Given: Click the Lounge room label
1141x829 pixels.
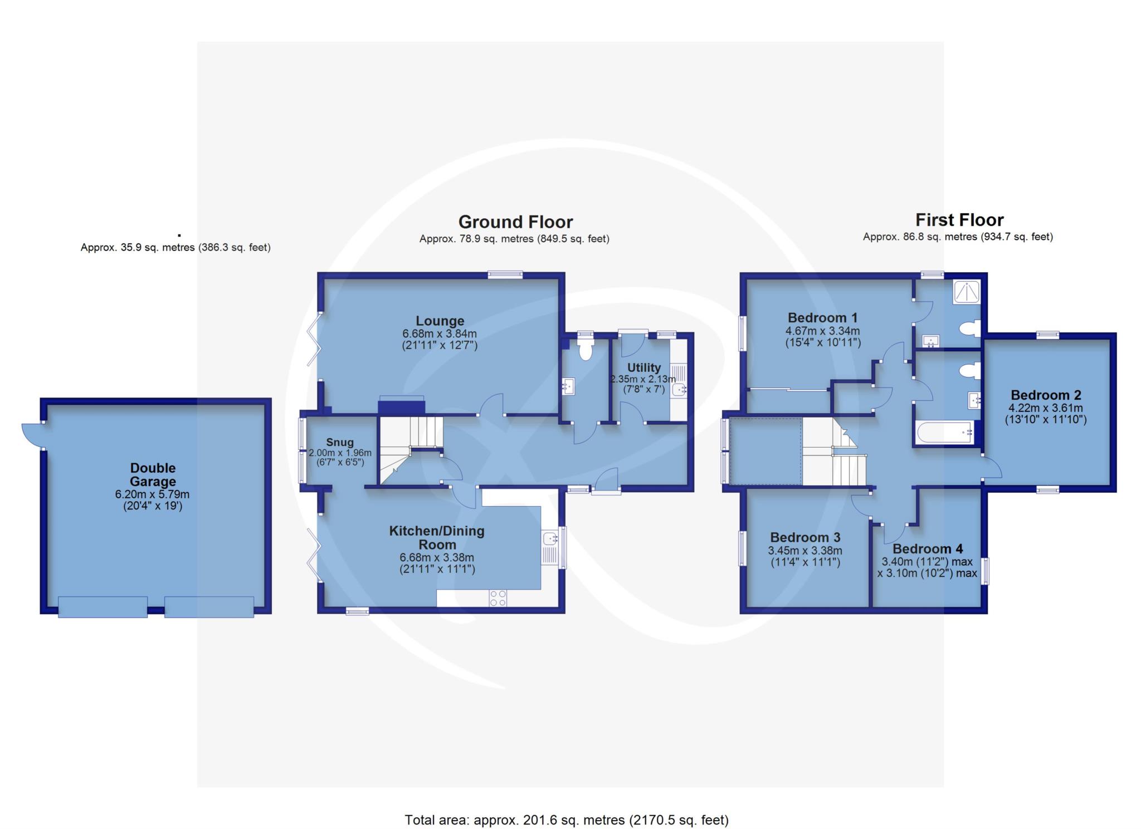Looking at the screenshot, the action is coord(440,321).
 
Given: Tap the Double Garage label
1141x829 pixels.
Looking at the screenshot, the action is coord(153,474).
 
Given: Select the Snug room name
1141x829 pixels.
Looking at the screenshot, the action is coord(339,442).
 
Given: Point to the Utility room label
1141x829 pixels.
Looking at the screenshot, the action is coord(644,367).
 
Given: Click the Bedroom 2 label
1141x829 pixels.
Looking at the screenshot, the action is coord(1046,395).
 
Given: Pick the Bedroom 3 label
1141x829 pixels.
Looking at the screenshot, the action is coord(805,537).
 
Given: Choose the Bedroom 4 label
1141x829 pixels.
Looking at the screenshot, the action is coord(928,549).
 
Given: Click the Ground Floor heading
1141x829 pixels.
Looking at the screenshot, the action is coord(515,222).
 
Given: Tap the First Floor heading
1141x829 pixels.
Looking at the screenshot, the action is coord(959,220).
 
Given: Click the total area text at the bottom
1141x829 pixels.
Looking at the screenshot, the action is coord(567,820).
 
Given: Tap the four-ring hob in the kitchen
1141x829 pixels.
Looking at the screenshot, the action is coord(498,598).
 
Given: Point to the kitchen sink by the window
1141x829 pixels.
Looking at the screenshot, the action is coord(550,538).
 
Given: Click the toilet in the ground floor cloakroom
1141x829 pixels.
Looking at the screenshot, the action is coord(585,350).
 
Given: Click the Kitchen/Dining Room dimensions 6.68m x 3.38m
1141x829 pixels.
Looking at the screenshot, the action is coord(437,557).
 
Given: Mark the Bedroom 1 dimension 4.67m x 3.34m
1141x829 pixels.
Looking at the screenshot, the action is coord(823,331).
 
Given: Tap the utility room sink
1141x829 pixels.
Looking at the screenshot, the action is coord(680,390).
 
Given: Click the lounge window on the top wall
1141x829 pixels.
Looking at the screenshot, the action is coord(505,273).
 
